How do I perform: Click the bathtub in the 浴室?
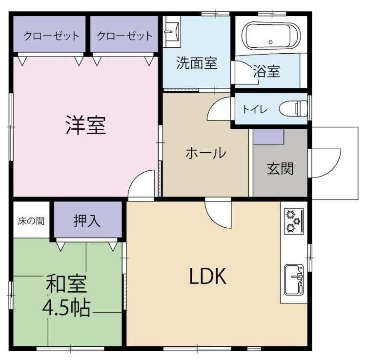(x=271, y=36)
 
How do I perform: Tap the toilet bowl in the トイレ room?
(x=293, y=108)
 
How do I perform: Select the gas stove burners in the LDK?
(x=294, y=221)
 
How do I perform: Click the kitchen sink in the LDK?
(x=294, y=280)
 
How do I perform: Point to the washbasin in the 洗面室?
(x=172, y=31)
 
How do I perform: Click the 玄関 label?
(x=280, y=168)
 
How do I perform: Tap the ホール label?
(x=206, y=153)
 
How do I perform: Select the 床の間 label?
(x=31, y=220)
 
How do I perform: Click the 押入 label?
(x=87, y=220)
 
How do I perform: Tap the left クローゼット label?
(x=51, y=36)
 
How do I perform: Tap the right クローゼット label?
(x=124, y=36)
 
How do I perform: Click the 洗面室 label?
(x=197, y=63)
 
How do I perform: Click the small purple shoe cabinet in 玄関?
(x=268, y=137)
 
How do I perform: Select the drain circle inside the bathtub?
(x=270, y=42)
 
